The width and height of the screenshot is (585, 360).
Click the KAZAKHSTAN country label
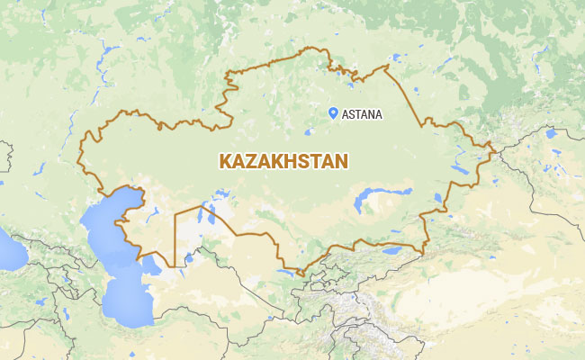(283, 161)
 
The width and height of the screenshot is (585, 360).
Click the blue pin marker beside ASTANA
(333, 112)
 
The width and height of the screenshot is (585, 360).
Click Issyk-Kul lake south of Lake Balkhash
(391, 251)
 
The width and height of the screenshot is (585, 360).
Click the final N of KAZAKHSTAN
(342, 161)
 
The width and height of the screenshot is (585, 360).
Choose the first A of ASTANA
(345, 114)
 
